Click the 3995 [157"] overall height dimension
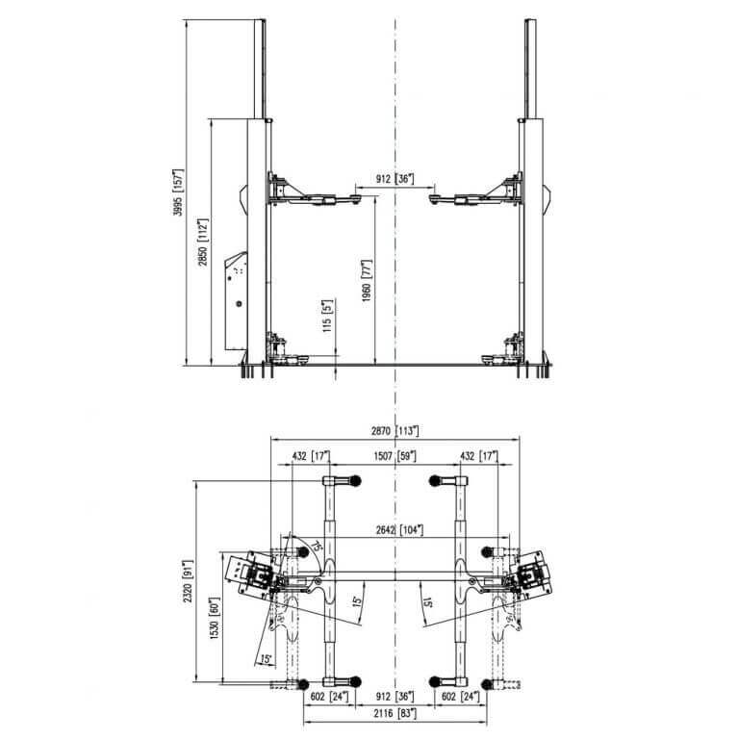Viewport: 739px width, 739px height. coord(178,191)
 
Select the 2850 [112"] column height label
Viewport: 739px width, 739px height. coord(203,242)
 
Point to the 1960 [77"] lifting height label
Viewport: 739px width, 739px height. coord(367,280)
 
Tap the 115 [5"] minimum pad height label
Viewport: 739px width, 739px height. coord(327,316)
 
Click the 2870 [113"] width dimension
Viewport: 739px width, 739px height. coord(395,430)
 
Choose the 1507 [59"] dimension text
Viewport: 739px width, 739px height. coord(395,456)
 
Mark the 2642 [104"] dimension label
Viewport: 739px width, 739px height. coord(399,530)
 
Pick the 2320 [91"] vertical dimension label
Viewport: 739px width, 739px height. coord(188,581)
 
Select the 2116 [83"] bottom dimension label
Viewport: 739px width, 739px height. coord(395,714)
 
